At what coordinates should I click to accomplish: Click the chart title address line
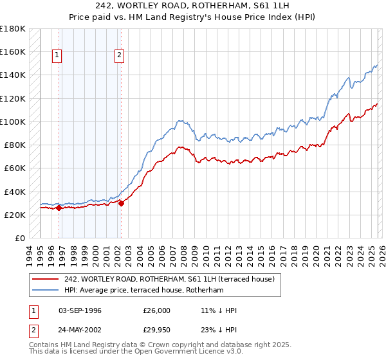(192, 6)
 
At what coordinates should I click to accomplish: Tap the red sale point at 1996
(59, 208)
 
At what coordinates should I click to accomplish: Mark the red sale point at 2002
(121, 203)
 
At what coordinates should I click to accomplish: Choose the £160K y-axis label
(13, 51)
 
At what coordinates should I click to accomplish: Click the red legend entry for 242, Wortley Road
(169, 279)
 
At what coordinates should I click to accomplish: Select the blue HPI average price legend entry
(143, 291)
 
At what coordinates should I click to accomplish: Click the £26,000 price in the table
(157, 310)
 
